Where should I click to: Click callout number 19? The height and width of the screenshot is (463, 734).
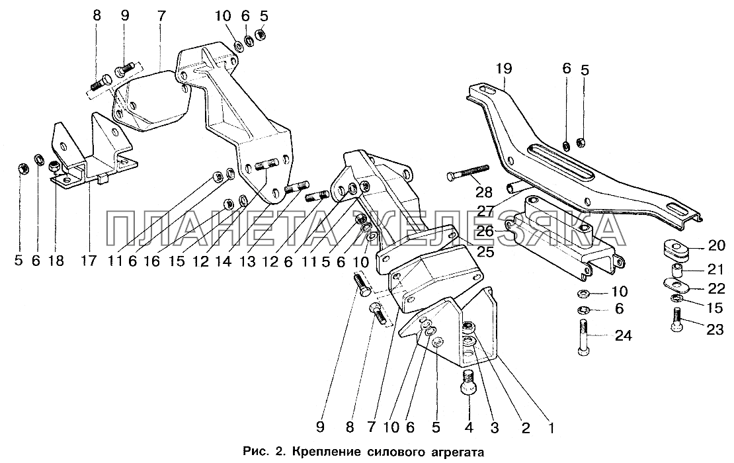[503, 68]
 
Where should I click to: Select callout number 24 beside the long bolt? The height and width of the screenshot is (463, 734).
[623, 336]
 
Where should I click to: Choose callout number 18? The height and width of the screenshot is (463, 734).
[56, 261]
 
